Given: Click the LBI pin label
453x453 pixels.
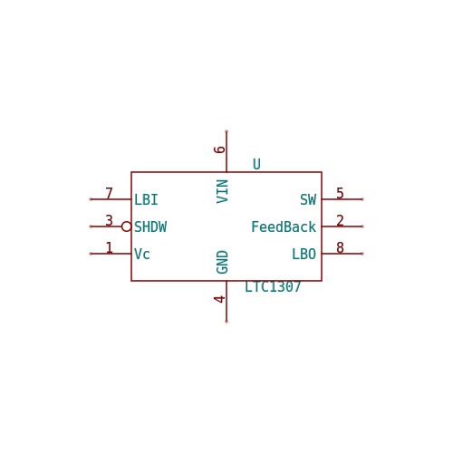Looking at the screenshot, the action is (146, 199).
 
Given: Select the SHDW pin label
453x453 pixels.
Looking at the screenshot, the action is (150, 226).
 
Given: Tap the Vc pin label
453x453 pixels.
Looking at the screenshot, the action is (141, 254).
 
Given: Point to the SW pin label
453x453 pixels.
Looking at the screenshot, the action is (308, 199).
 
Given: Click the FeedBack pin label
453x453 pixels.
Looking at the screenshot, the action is (284, 226).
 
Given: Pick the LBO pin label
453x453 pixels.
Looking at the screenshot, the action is (304, 254).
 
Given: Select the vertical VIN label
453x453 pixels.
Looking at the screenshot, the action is (222, 191).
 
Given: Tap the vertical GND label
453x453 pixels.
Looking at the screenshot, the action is (222, 262).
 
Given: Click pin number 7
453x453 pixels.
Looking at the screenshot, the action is (109, 193).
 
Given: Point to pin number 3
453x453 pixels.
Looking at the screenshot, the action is (109, 220).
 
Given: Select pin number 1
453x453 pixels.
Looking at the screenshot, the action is (109, 247).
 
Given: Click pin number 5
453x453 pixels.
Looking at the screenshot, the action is (340, 193).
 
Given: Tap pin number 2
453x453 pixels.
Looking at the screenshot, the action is (340, 220).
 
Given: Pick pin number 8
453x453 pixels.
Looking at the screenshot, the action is (340, 247).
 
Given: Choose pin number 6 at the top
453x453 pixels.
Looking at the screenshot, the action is (219, 149).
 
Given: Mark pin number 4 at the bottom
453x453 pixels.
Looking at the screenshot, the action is (219, 299).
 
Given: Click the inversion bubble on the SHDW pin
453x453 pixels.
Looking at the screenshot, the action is (126, 226).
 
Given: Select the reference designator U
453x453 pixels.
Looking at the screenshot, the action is (256, 164).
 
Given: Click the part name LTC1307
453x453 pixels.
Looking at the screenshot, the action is (273, 286).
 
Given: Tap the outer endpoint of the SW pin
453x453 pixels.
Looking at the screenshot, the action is (362, 199).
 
